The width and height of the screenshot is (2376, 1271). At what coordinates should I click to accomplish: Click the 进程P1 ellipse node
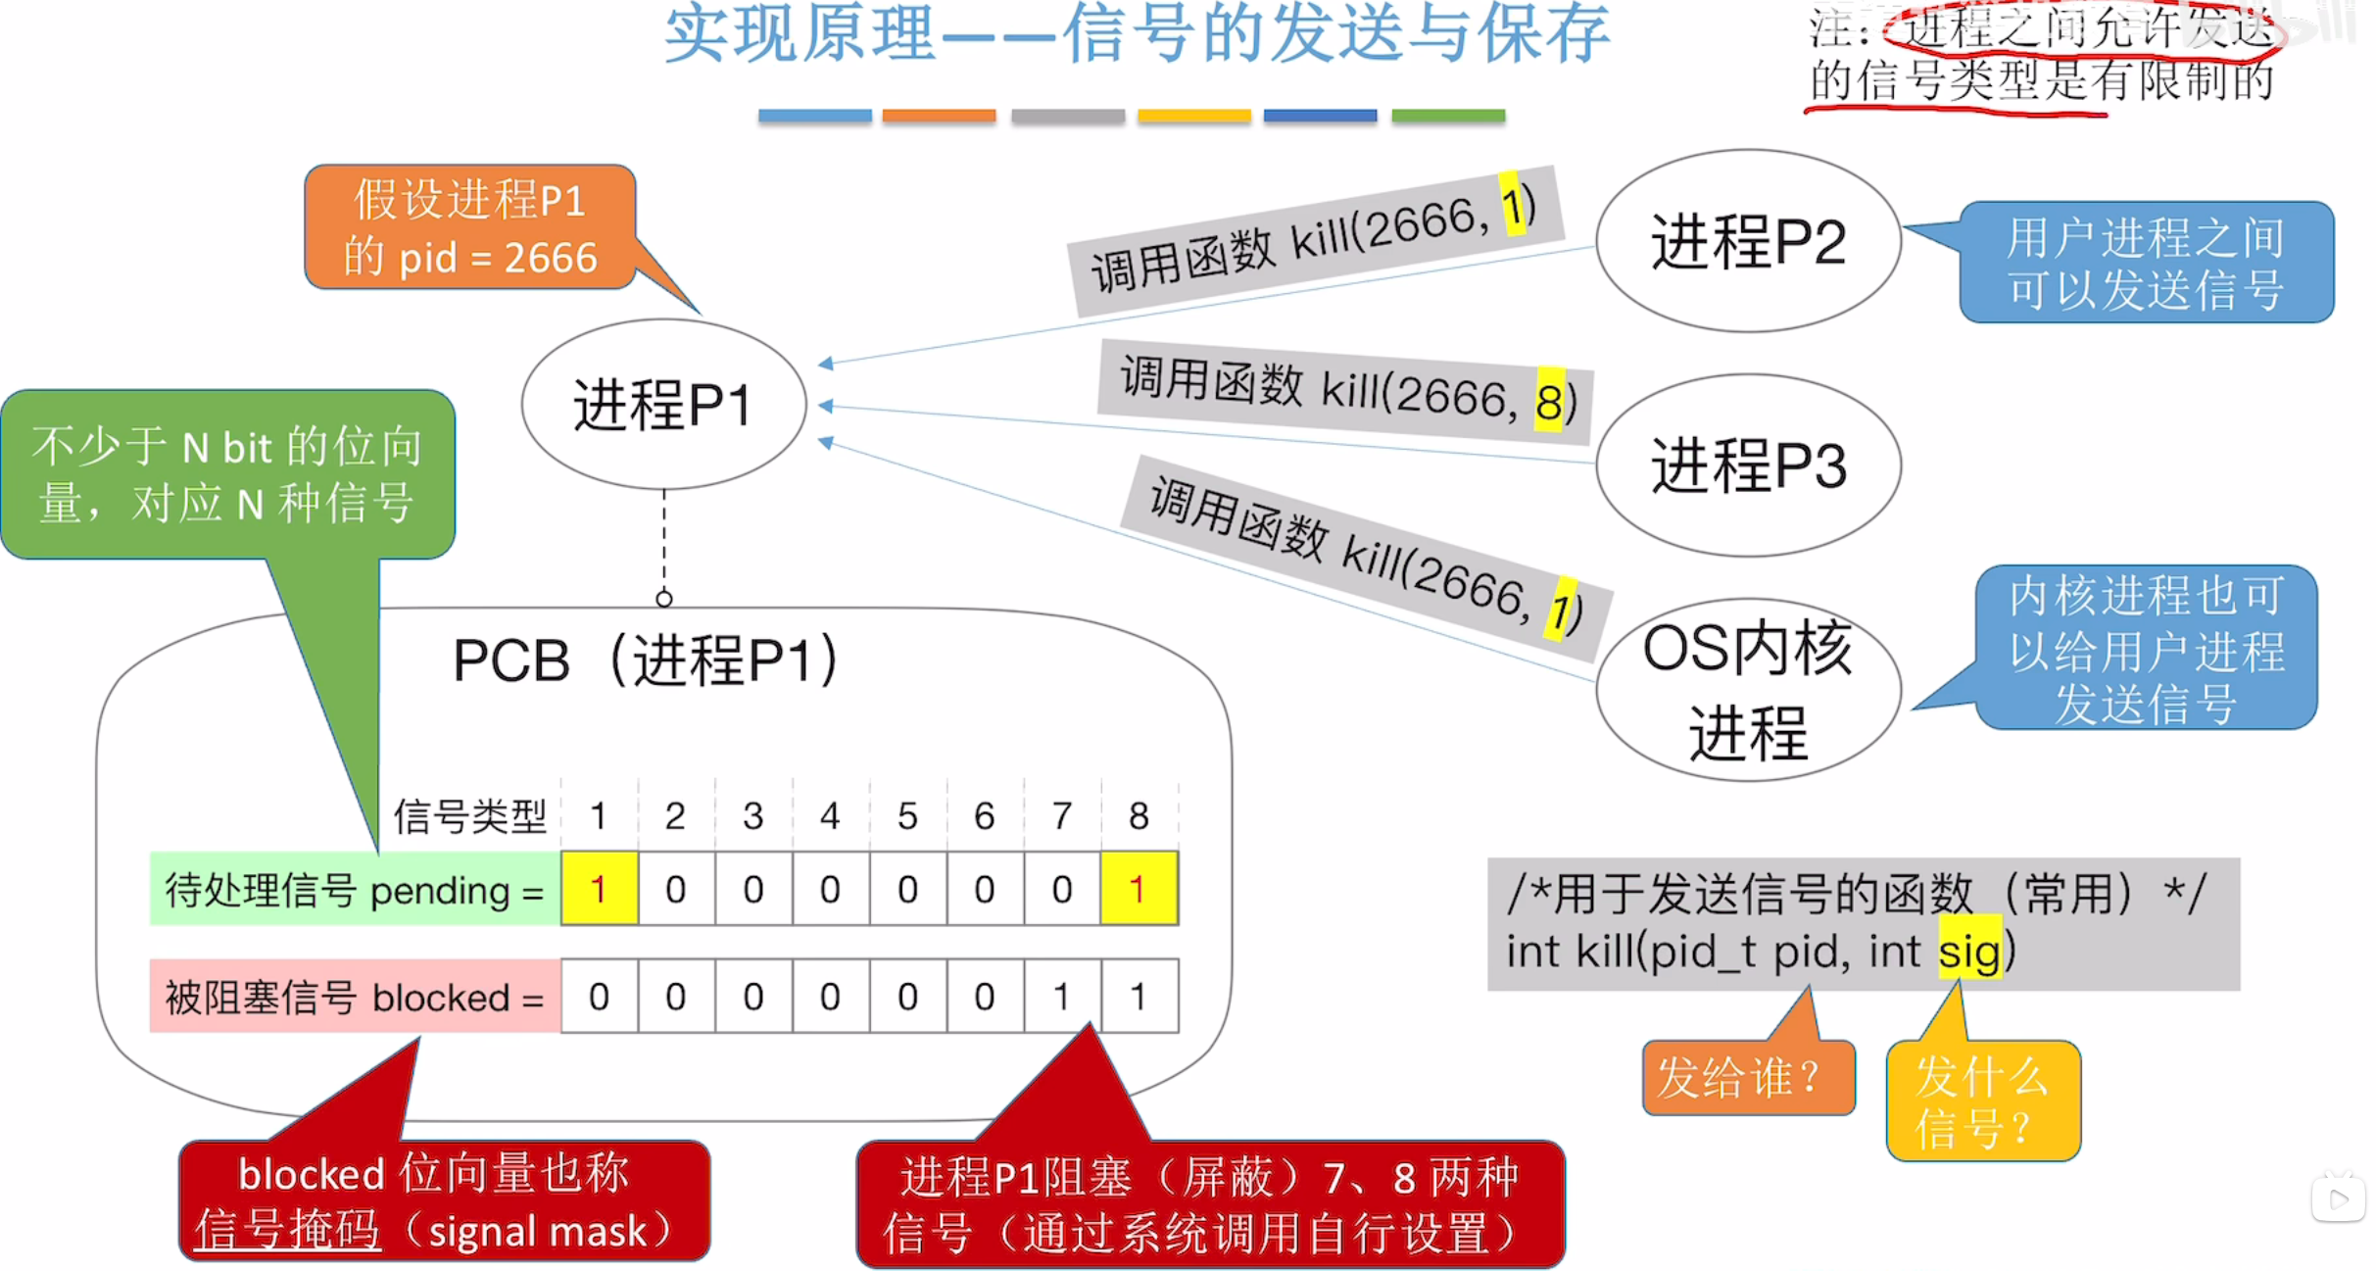click(x=663, y=404)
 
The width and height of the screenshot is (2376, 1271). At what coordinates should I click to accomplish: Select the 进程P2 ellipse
click(x=1748, y=241)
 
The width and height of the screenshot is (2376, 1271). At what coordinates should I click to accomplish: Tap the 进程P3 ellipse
click(x=1748, y=465)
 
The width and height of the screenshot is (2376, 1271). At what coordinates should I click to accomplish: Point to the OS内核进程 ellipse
click(x=1748, y=690)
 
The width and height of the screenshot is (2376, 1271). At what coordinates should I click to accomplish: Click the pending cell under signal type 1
click(x=599, y=889)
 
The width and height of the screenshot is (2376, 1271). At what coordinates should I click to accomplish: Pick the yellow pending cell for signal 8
click(x=1139, y=889)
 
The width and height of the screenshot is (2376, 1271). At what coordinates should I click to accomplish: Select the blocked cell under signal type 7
click(x=1062, y=997)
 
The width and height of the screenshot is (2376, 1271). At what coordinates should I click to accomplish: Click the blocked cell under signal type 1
click(x=599, y=997)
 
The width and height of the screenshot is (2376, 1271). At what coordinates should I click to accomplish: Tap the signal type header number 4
click(x=830, y=815)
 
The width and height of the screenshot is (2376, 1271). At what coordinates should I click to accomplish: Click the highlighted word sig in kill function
click(x=1969, y=951)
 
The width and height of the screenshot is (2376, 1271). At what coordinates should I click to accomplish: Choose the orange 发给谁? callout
click(x=1747, y=1078)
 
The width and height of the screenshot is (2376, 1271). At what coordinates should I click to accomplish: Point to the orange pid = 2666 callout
click(x=470, y=227)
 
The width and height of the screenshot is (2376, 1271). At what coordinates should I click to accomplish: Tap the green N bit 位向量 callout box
click(x=227, y=474)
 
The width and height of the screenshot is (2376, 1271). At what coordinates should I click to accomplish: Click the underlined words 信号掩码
click(x=287, y=1230)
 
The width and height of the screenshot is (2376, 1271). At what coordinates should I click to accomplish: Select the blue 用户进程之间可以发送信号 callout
click(x=2146, y=263)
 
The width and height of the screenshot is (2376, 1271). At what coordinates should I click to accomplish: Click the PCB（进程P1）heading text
click(x=645, y=660)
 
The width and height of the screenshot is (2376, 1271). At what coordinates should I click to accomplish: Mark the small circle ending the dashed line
click(x=664, y=598)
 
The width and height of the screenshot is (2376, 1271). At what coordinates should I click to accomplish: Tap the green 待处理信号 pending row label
click(x=354, y=890)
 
